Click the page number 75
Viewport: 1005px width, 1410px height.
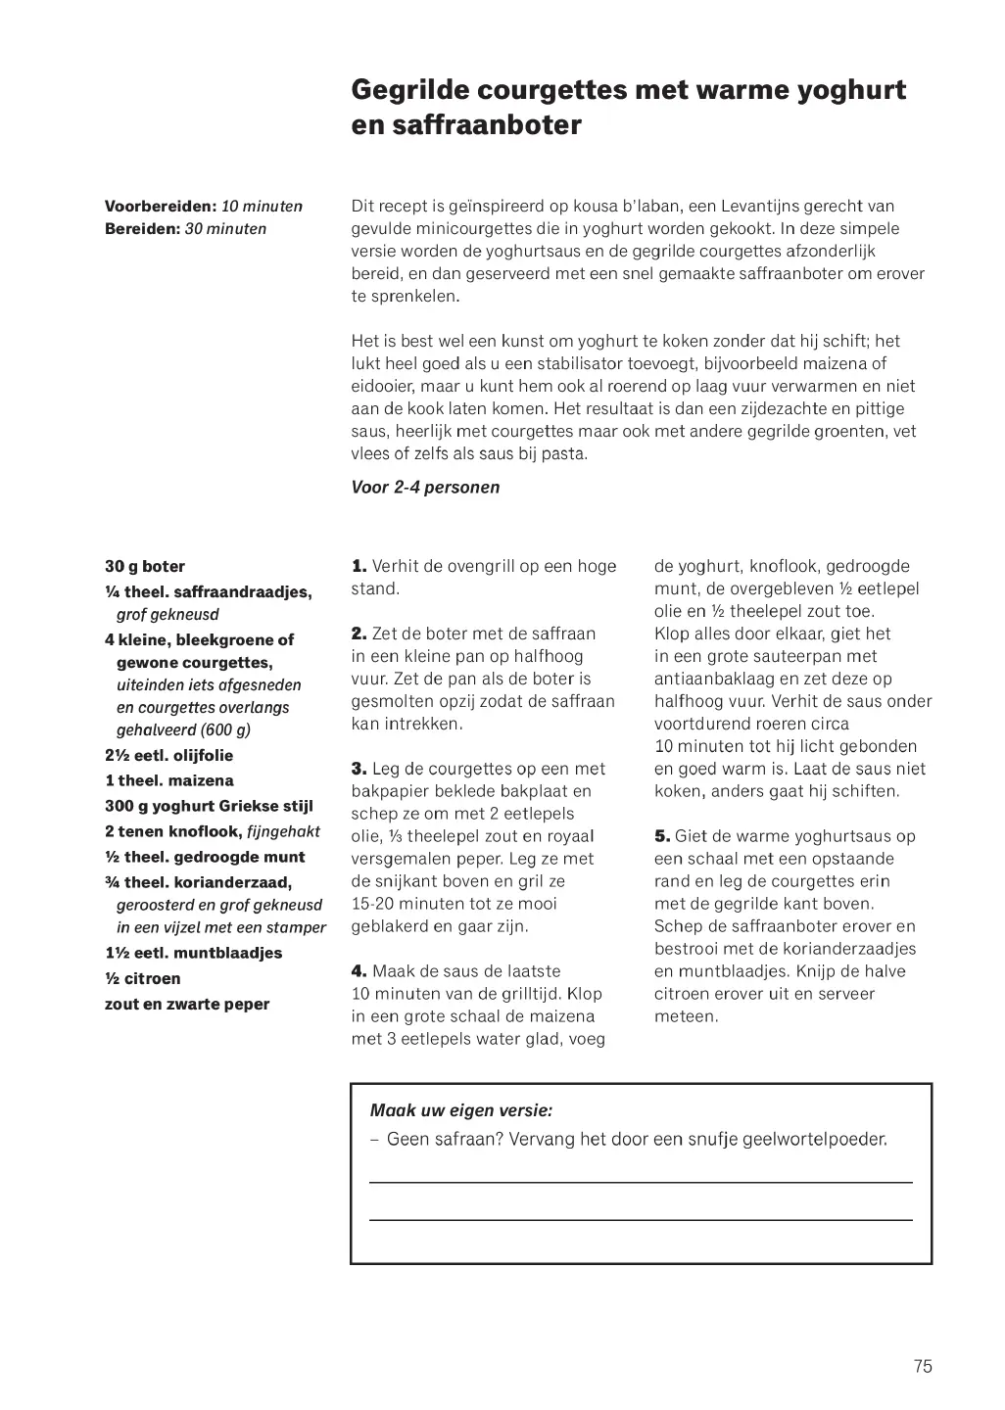[922, 1367]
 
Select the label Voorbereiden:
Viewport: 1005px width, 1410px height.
[161, 207]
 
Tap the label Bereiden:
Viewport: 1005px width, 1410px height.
[142, 229]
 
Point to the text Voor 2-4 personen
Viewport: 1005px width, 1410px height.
[425, 488]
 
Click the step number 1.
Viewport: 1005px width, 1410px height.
[359, 566]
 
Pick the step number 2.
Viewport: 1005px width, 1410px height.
[359, 634]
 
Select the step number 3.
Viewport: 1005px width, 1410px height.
[359, 769]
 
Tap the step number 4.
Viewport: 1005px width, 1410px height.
[359, 971]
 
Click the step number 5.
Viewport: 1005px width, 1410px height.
[662, 836]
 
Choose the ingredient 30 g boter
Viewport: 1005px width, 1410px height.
[145, 567]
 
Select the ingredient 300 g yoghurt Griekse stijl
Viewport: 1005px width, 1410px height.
[209, 807]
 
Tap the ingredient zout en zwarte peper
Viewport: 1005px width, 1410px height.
[187, 1005]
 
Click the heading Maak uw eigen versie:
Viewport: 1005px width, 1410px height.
[461, 1110]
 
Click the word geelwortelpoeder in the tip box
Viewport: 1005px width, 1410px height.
[815, 1140]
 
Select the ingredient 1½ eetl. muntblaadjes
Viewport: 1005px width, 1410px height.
[193, 954]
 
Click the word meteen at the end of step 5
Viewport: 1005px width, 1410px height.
[686, 1016]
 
